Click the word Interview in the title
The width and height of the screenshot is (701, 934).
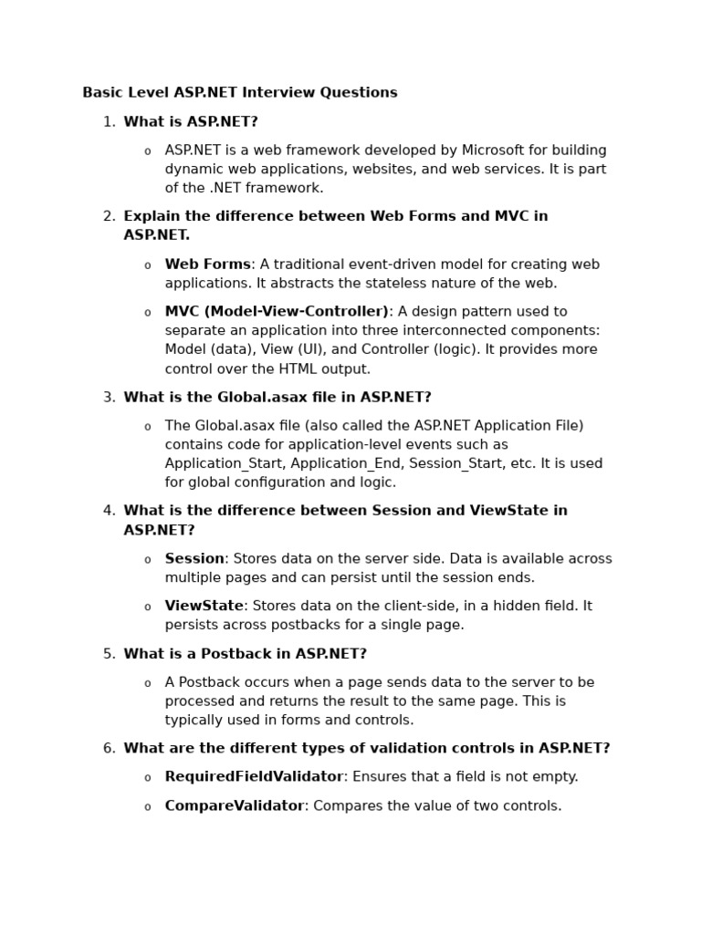click(x=274, y=92)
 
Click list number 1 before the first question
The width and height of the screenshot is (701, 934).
click(x=108, y=121)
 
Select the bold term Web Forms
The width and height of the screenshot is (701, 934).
click(x=207, y=265)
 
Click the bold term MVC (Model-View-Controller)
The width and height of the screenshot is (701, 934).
click(x=277, y=311)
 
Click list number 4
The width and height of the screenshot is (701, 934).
click(x=108, y=511)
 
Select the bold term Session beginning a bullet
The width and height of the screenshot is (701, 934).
click(x=194, y=558)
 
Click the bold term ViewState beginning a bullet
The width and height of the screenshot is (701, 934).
click(x=204, y=606)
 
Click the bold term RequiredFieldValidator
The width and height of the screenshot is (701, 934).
click(x=254, y=776)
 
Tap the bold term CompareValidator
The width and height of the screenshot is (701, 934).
click(x=234, y=805)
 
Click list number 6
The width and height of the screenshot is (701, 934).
click(x=108, y=748)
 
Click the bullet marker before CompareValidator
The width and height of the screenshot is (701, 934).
click(x=147, y=806)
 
